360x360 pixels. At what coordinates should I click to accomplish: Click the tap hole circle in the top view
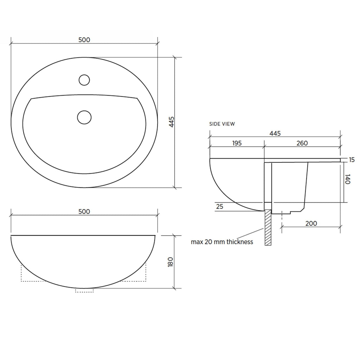click(84, 80)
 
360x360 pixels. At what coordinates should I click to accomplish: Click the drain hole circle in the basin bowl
click(84, 117)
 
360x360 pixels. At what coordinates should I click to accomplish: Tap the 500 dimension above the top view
click(84, 40)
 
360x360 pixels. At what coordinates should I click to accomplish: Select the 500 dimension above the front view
click(84, 212)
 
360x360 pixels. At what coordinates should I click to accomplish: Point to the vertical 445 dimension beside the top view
click(171, 122)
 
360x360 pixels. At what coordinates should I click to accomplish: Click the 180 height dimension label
click(171, 262)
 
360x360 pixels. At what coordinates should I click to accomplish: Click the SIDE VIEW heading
click(222, 124)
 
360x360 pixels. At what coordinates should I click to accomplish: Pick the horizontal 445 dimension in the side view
click(275, 133)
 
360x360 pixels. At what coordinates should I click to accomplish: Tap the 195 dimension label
click(237, 143)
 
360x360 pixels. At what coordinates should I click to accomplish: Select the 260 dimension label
click(302, 143)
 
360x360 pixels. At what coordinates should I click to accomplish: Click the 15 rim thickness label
click(352, 160)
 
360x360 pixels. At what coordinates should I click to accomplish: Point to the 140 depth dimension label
click(347, 179)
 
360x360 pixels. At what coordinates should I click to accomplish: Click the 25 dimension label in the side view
click(219, 207)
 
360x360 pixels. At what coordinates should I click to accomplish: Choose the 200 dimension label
click(311, 223)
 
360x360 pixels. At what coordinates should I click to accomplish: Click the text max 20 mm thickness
click(222, 242)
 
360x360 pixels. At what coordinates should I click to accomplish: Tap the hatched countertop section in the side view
click(268, 227)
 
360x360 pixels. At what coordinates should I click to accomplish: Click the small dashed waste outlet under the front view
click(84, 290)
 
